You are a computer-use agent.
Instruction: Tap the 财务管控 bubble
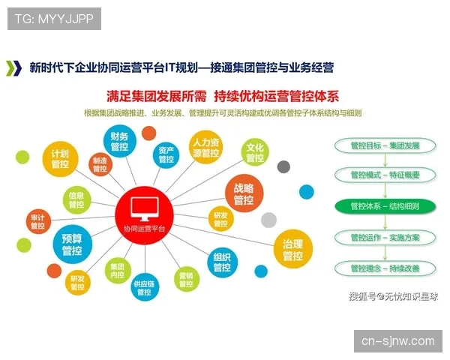pyautogui.click(x=119, y=142)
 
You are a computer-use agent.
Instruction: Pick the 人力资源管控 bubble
pyautogui.click(x=205, y=148)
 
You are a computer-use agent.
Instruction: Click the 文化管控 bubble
pyautogui.click(x=255, y=152)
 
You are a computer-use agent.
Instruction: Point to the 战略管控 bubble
pyautogui.click(x=244, y=193)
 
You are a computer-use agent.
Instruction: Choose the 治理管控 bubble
pyautogui.click(x=292, y=250)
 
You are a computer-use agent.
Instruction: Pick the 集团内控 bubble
pyautogui.click(x=117, y=271)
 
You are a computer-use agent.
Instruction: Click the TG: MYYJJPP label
pyautogui.click(x=54, y=18)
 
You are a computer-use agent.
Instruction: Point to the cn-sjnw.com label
pyautogui.click(x=397, y=340)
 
